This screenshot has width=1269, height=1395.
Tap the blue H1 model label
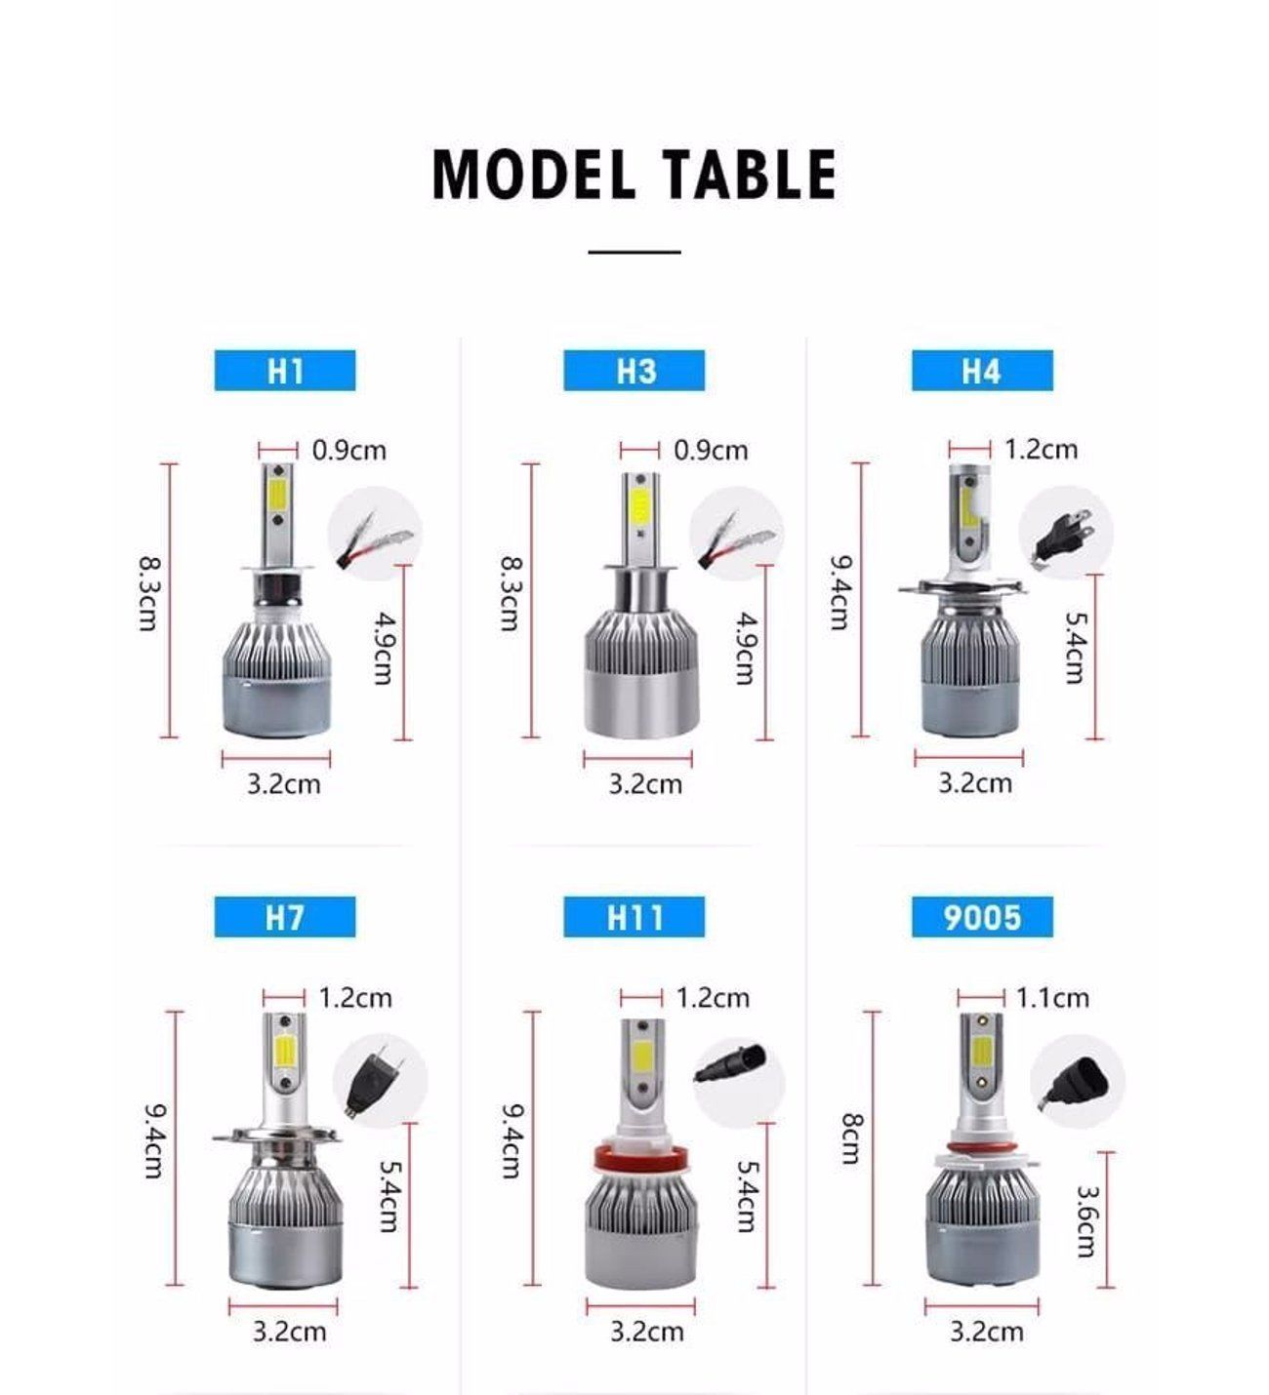285,371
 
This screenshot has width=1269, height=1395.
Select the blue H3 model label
634,371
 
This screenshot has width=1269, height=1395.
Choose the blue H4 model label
982,371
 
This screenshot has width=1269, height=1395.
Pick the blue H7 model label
285,918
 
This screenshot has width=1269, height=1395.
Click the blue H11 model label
634,918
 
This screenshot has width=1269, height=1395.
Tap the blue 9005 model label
982,918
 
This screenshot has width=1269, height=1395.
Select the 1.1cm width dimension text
1052,998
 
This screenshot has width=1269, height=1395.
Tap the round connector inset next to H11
739,1077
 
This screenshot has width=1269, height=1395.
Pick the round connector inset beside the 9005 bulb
1077,1081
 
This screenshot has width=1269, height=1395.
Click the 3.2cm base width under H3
645,784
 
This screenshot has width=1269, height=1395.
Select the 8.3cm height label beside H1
148,592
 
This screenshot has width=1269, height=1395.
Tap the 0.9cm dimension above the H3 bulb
711,451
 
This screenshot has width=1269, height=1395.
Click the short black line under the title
634,252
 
